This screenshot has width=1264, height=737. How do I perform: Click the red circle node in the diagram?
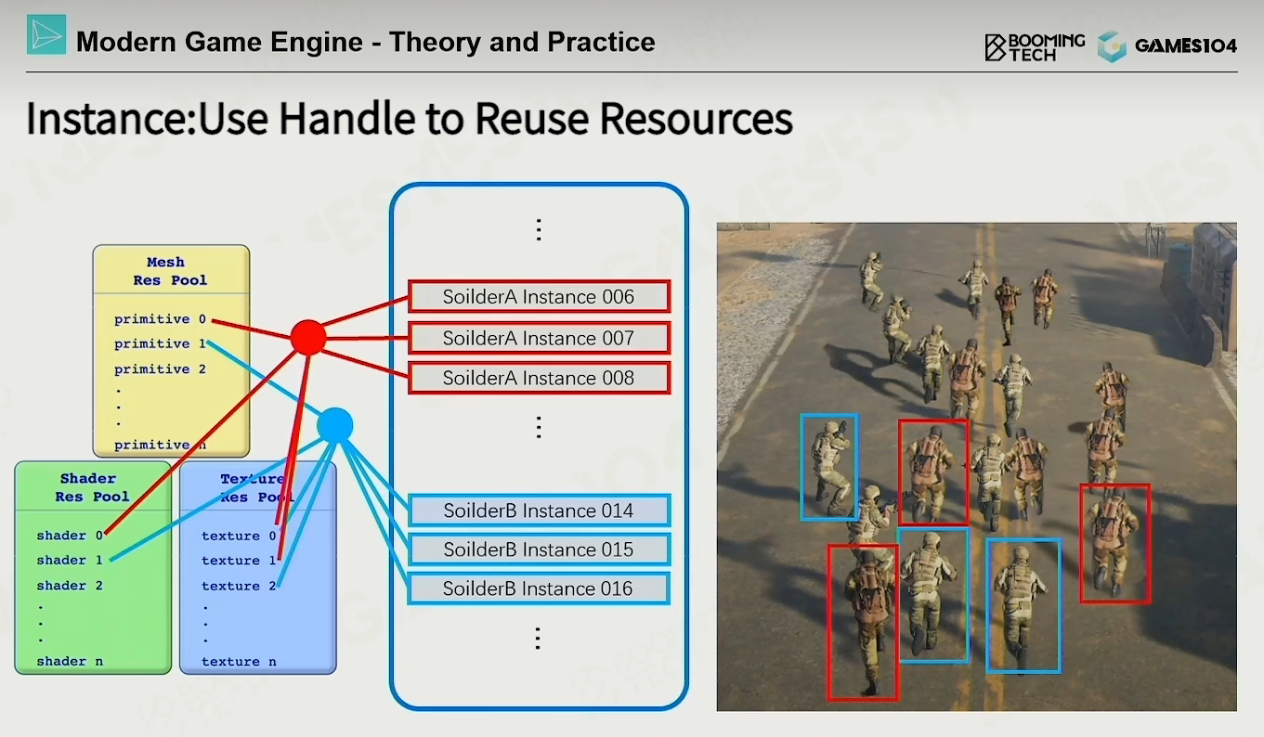pyautogui.click(x=308, y=338)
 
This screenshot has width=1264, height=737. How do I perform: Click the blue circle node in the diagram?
pyautogui.click(x=335, y=426)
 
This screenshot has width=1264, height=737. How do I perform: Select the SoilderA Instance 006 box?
pyautogui.click(x=539, y=297)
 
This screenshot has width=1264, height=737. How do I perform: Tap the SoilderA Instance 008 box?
pyautogui.click(x=539, y=378)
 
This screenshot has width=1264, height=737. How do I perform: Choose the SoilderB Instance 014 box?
pyautogui.click(x=539, y=511)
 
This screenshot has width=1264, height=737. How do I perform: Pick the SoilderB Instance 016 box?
pyautogui.click(x=539, y=588)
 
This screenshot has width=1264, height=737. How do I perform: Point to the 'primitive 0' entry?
pyautogui.click(x=161, y=319)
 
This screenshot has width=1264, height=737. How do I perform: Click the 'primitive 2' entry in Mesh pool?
pyautogui.click(x=161, y=369)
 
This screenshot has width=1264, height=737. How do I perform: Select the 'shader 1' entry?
pyautogui.click(x=70, y=560)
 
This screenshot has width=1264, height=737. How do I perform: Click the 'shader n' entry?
pyautogui.click(x=70, y=662)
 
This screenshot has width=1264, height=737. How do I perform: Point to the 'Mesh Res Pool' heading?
pyautogui.click(x=170, y=271)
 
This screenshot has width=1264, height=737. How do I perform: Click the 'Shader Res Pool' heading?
pyautogui.click(x=92, y=487)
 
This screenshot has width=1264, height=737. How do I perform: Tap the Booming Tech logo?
pyautogui.click(x=1035, y=47)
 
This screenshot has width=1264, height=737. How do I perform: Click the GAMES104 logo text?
pyautogui.click(x=1186, y=45)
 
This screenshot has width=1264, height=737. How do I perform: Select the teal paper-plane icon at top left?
pyautogui.click(x=46, y=35)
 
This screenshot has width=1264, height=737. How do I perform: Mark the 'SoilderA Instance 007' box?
pyautogui.click(x=539, y=338)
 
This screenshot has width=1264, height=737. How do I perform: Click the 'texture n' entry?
pyautogui.click(x=239, y=662)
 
